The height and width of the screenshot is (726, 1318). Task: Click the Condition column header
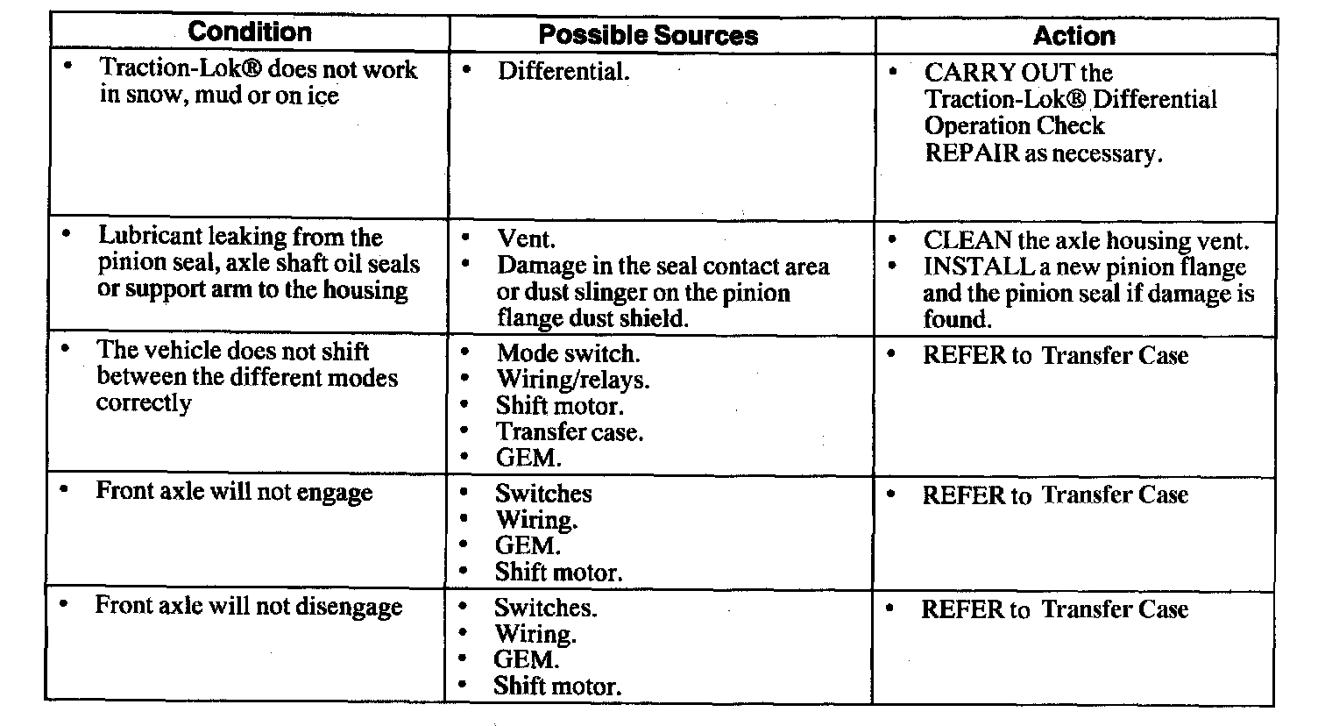click(250, 32)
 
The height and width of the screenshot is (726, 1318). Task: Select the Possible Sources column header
click(648, 35)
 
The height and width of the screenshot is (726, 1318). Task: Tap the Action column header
click(1074, 35)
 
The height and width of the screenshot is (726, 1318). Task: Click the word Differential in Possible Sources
click(563, 71)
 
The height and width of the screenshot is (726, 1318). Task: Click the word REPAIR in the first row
click(971, 153)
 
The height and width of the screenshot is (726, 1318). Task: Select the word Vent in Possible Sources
click(526, 238)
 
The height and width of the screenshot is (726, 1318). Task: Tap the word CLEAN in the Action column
click(967, 241)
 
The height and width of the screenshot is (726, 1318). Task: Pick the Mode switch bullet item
click(567, 353)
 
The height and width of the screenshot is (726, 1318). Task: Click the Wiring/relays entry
click(572, 380)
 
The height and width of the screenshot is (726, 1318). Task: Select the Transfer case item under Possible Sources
click(569, 431)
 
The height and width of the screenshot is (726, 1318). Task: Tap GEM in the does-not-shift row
click(528, 458)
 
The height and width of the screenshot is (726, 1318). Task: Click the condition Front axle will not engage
click(234, 491)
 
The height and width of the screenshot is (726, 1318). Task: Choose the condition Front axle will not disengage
click(248, 606)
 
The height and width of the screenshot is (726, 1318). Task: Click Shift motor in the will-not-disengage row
click(556, 686)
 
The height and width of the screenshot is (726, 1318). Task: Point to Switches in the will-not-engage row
click(543, 494)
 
